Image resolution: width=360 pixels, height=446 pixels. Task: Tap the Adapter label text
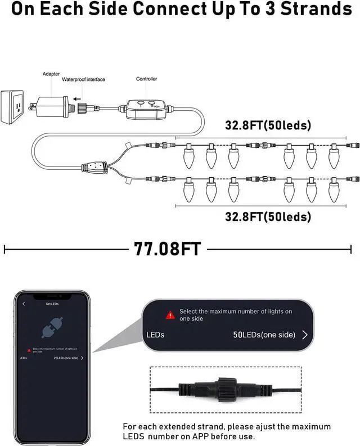click(51, 74)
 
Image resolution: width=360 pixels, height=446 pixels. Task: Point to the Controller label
click(146, 79)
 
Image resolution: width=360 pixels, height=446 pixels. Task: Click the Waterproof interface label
click(83, 80)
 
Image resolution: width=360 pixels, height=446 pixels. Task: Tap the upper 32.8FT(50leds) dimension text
click(268, 125)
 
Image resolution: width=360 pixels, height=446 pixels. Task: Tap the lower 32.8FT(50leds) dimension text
click(268, 216)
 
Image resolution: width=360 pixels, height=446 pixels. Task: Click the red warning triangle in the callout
click(170, 315)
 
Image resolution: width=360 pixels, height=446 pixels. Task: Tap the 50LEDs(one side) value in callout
click(264, 335)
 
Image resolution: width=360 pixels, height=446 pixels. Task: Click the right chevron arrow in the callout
click(305, 335)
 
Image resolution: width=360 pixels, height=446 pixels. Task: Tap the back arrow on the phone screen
click(24, 304)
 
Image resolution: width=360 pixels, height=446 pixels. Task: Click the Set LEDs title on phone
click(52, 304)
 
